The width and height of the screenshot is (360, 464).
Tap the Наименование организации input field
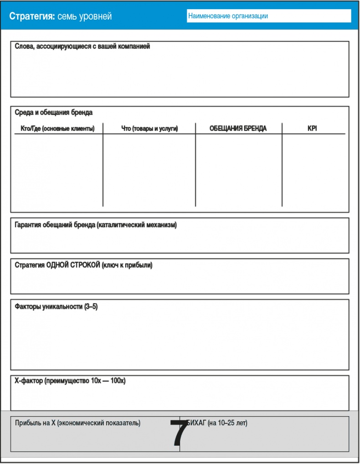pyautogui.click(x=269, y=16)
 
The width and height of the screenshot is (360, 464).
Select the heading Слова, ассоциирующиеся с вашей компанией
pyautogui.click(x=82, y=46)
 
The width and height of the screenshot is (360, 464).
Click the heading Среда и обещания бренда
pyautogui.click(x=54, y=112)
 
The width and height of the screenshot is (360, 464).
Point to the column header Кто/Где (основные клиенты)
pyautogui.click(x=57, y=129)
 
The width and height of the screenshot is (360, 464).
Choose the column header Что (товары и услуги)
pyautogui.click(x=149, y=129)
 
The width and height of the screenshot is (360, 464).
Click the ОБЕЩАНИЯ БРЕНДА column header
pyautogui.click(x=238, y=129)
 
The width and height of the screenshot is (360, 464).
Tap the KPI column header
pyautogui.click(x=312, y=129)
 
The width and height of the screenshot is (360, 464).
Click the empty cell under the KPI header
pyautogui.click(x=314, y=171)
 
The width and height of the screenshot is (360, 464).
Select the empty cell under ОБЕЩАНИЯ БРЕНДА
pyautogui.click(x=238, y=171)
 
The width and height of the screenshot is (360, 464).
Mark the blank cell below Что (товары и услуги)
pyautogui.click(x=149, y=171)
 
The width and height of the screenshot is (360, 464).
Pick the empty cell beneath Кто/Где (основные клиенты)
pyautogui.click(x=57, y=171)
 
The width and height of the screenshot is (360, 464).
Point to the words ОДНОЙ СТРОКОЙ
pyautogui.click(x=73, y=265)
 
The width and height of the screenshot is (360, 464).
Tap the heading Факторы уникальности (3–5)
pyautogui.click(x=57, y=306)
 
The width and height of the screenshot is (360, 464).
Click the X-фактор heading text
pyautogui.click(x=70, y=381)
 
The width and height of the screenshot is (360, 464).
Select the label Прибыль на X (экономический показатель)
pyautogui.click(x=78, y=423)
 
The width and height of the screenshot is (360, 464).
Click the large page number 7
pyautogui.click(x=179, y=433)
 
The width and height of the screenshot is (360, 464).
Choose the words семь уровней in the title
pyautogui.click(x=84, y=16)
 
